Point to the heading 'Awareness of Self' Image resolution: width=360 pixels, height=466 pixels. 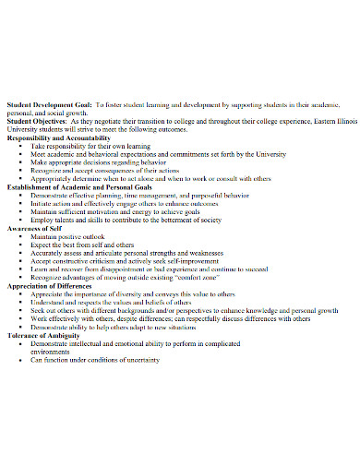coord(33,228)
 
